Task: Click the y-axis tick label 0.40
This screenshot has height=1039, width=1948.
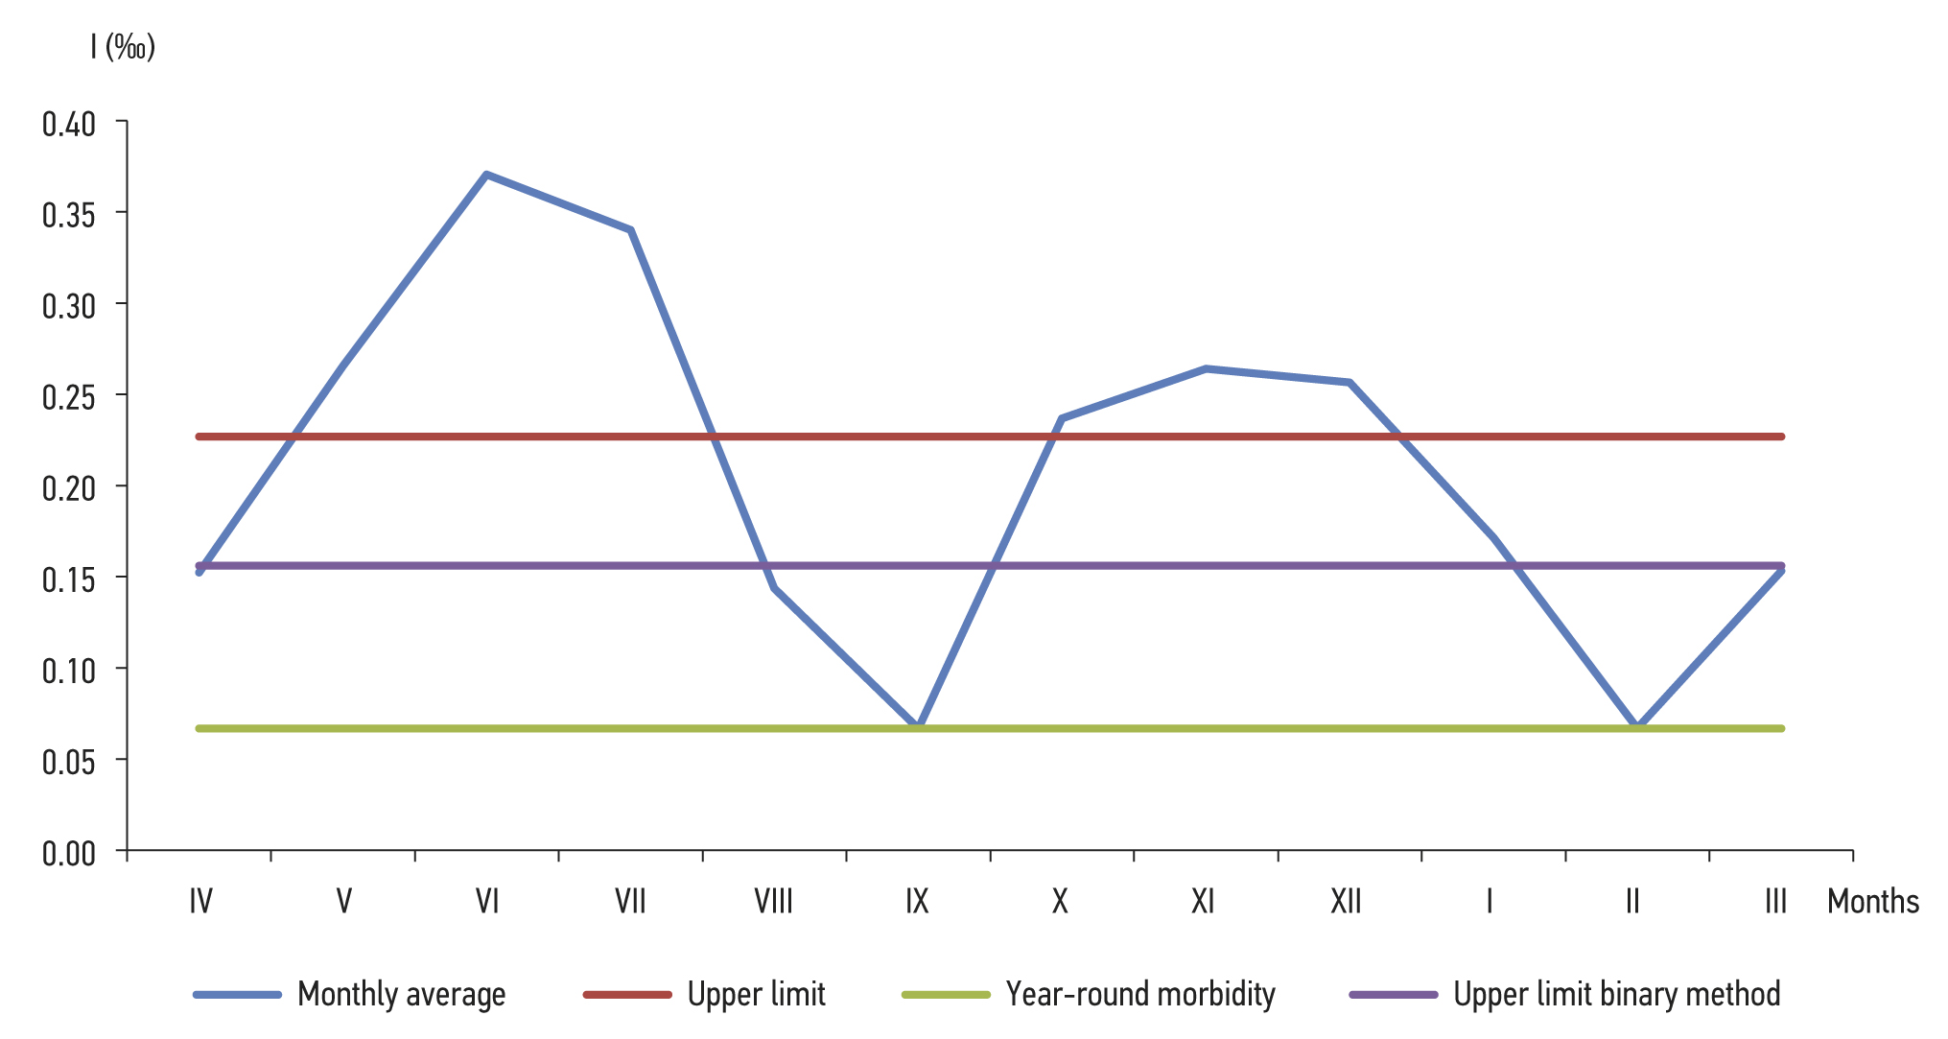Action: coord(69,124)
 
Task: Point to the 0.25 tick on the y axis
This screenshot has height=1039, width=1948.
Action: coord(69,396)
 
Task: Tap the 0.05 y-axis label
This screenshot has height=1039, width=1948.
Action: coord(69,761)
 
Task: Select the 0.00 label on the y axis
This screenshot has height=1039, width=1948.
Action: coord(69,852)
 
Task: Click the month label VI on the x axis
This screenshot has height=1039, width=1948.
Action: coord(487,901)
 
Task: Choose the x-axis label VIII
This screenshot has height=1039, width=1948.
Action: coord(773,901)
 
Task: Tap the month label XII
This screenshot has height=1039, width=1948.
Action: coord(1346,901)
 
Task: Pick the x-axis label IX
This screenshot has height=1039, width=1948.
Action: coord(917,901)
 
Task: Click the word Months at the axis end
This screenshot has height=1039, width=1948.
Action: coord(1872,902)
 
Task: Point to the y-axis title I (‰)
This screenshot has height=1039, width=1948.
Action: coord(123,46)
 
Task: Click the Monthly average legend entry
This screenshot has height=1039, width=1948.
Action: coord(401,994)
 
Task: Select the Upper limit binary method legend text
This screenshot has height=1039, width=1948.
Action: coord(1616,994)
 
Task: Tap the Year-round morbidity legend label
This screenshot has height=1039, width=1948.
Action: coord(1140,994)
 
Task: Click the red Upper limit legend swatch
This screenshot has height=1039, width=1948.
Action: coord(627,995)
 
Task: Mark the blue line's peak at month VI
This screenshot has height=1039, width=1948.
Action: coord(487,175)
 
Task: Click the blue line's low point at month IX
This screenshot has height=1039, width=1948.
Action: coord(918,725)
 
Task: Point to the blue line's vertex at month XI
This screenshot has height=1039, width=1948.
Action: coord(1206,368)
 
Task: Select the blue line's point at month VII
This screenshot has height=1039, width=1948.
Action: coord(630,230)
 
